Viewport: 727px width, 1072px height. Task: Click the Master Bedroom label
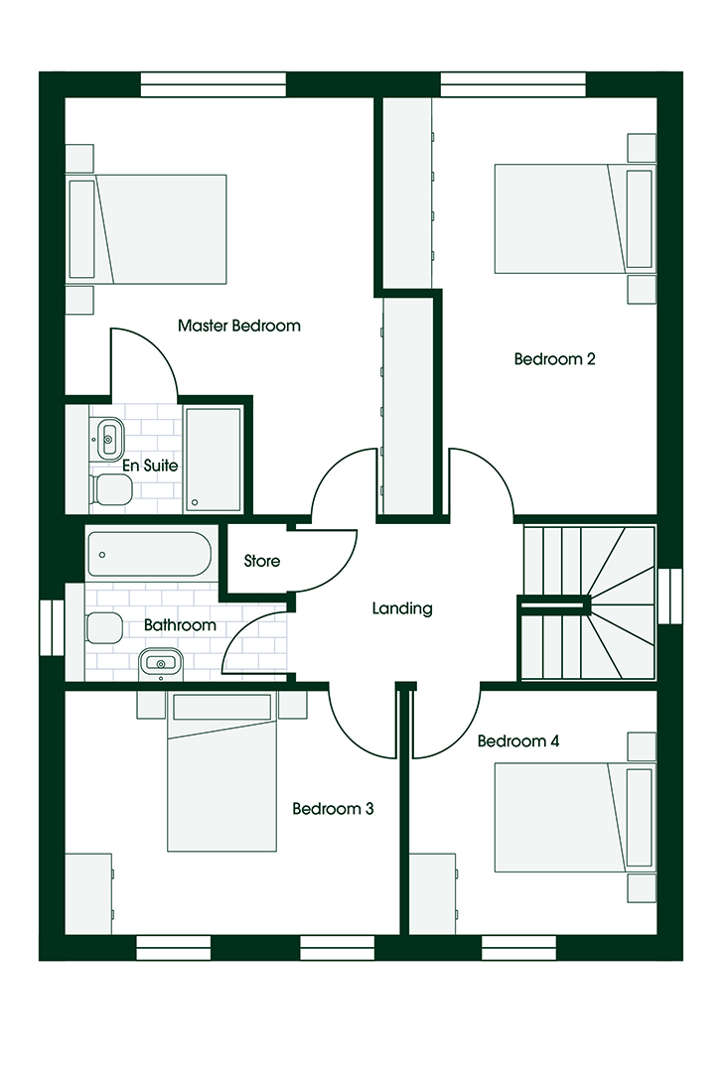(238, 326)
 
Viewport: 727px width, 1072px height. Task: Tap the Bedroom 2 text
(554, 359)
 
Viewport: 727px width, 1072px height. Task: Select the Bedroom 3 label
(333, 809)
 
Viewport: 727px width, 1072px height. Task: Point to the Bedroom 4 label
(518, 740)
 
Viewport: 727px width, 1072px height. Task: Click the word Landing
(402, 608)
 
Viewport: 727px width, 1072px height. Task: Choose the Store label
(262, 561)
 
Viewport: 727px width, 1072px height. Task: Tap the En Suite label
(150, 466)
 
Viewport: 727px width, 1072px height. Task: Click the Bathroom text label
(180, 625)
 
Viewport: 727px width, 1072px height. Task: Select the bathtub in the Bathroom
(149, 555)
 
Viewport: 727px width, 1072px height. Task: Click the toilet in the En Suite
(111, 489)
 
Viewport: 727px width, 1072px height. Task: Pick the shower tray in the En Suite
(213, 459)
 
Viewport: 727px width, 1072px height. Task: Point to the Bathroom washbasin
(161, 663)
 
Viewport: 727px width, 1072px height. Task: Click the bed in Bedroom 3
(222, 772)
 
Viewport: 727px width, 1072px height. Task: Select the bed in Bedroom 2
(573, 218)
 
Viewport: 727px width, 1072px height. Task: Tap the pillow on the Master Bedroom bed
(82, 229)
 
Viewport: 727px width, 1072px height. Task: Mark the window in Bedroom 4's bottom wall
(518, 948)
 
